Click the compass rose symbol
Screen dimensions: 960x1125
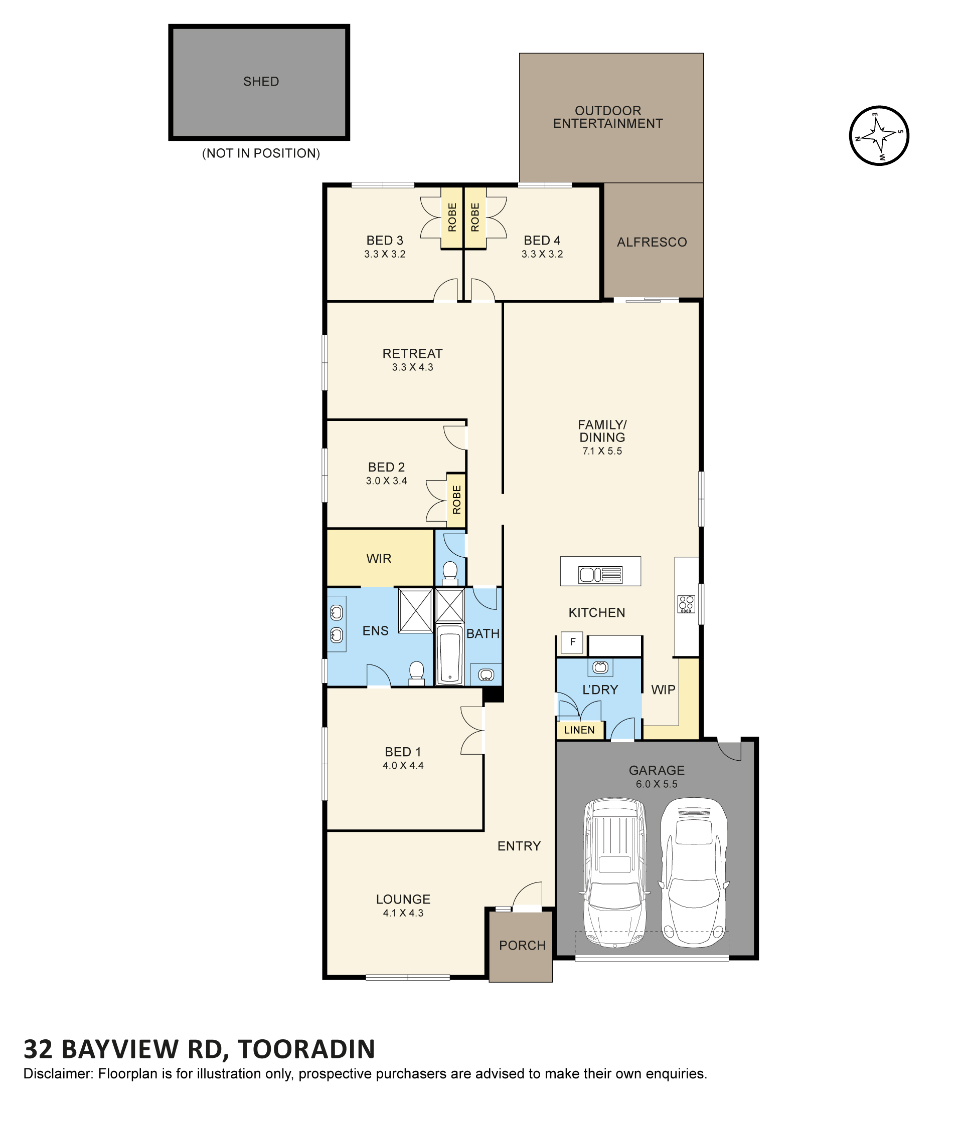click(879, 136)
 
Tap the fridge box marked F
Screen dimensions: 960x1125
click(572, 642)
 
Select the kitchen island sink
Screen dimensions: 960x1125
click(600, 574)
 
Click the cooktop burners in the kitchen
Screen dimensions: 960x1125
click(686, 604)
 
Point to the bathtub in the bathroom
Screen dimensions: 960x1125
click(449, 654)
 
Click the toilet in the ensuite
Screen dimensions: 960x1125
click(416, 673)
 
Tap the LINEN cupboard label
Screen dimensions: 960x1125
click(579, 730)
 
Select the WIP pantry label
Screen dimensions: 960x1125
click(664, 690)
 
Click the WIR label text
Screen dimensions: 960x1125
click(379, 559)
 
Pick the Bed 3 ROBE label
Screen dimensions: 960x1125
click(452, 217)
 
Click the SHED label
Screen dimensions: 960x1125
click(261, 82)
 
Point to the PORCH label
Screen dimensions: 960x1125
click(522, 945)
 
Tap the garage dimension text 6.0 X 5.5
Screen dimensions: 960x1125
click(656, 784)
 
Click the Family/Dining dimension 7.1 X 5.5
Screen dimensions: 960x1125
click(602, 451)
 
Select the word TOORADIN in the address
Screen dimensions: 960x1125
click(306, 1049)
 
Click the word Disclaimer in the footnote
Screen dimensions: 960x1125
click(58, 1073)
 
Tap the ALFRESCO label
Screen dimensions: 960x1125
click(652, 242)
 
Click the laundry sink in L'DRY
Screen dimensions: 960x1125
click(600, 667)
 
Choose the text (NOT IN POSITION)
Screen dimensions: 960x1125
click(261, 154)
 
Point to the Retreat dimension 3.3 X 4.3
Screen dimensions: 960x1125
click(412, 368)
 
